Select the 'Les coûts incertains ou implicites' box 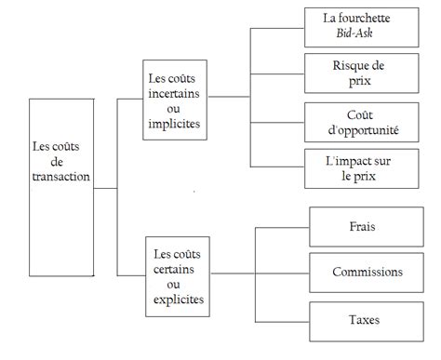click(x=179, y=100)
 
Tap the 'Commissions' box click(x=367, y=272)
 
